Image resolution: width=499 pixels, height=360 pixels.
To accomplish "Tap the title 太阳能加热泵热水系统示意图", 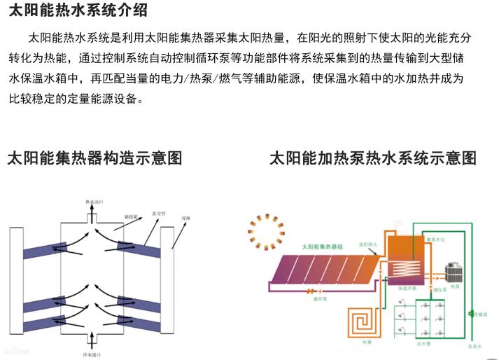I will coord(373,158).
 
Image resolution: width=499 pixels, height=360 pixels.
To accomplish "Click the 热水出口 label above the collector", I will coord(94,201).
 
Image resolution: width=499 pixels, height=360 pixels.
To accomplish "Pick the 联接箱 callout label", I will coord(132,216).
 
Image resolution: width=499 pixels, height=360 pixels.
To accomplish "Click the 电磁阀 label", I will coord(484,314).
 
